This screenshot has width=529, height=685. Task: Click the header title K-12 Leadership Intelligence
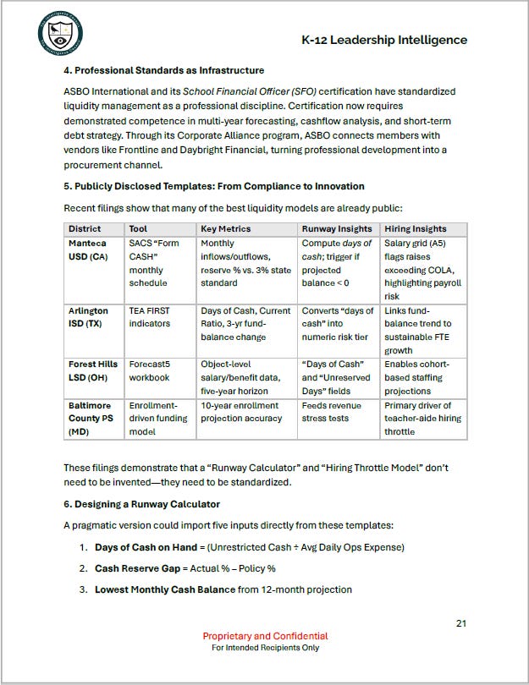tap(383, 40)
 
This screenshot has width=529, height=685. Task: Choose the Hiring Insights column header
tap(415, 228)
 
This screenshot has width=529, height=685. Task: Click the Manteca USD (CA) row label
tap(88, 249)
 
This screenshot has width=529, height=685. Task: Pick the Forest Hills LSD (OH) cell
tap(92, 370)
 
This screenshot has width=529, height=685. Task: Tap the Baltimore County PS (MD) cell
tap(92, 418)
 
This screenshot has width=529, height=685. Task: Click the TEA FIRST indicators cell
tap(150, 317)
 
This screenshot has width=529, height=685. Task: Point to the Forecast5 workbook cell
tap(150, 370)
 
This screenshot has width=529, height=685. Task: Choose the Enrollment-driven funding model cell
tap(152, 418)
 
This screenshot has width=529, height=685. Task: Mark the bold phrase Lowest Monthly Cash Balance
tap(164, 589)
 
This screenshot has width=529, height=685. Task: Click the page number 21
tap(461, 623)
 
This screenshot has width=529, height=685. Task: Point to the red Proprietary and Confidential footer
tap(265, 636)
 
